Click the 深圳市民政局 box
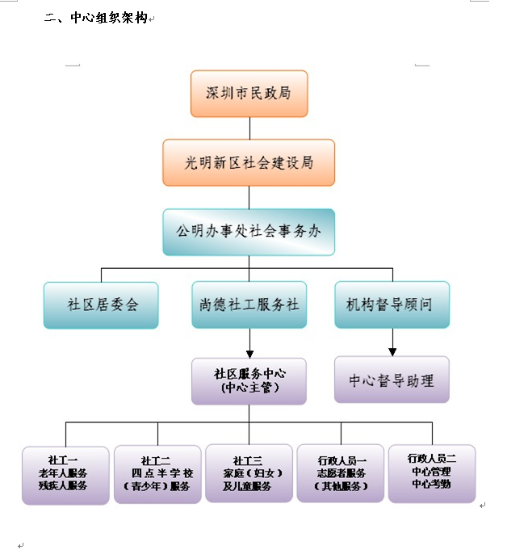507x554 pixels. point(249,94)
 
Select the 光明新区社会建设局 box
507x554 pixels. point(249,162)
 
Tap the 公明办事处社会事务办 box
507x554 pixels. point(249,232)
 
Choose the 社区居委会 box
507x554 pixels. point(102,305)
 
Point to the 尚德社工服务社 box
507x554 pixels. point(249,305)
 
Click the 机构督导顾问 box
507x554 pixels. point(392,304)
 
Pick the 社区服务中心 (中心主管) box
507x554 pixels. point(249,381)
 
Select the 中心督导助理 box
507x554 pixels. point(392,380)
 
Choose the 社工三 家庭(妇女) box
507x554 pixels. point(249,474)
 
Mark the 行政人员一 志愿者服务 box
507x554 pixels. point(341,473)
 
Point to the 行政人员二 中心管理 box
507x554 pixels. point(432,472)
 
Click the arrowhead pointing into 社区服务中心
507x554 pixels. point(249,353)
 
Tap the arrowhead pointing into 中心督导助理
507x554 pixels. point(392,352)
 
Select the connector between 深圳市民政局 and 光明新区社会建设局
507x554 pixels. point(249,128)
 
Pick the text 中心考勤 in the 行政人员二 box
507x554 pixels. point(431,485)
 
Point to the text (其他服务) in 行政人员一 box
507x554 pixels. point(341,486)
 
